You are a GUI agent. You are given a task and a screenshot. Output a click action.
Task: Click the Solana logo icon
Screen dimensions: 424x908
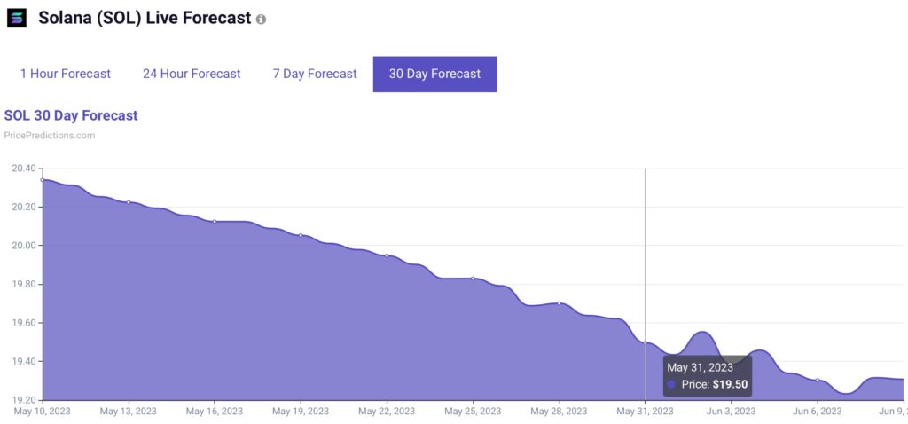pos(17,18)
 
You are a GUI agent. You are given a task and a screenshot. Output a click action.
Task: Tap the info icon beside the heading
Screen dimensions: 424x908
pos(261,19)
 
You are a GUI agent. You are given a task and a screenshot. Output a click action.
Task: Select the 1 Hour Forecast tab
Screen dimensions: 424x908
pos(66,74)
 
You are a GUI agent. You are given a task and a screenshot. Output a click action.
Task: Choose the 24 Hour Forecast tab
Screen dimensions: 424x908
pos(192,74)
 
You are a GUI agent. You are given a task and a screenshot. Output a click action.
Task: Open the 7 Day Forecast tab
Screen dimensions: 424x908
pos(315,74)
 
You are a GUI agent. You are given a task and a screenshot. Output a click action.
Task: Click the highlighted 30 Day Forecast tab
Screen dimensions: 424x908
pos(434,74)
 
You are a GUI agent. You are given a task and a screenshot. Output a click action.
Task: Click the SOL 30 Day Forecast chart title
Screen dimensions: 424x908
pos(71,115)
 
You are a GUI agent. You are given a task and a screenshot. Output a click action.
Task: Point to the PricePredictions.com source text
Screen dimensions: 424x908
pos(50,136)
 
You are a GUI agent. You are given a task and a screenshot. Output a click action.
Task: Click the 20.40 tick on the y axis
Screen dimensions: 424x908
pos(24,169)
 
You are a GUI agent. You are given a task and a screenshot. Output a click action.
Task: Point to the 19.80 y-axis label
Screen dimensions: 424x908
pos(24,284)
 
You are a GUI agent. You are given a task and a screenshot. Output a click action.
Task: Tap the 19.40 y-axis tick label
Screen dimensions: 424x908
pos(24,361)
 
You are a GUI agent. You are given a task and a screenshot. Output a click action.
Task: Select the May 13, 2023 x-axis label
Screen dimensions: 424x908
pos(129,411)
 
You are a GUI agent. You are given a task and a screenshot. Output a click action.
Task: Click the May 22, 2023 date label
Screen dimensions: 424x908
pos(387,411)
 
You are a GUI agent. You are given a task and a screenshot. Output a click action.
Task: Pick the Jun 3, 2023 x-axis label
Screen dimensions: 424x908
pos(731,411)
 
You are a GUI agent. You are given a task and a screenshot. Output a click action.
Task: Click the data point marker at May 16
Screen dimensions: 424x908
pos(215,221)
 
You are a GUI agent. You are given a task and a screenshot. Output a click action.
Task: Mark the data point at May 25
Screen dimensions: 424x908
pos(473,279)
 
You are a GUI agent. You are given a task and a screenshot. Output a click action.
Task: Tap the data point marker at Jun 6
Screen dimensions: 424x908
pos(818,380)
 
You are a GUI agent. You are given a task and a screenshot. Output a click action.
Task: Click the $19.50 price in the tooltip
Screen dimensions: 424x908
pos(730,384)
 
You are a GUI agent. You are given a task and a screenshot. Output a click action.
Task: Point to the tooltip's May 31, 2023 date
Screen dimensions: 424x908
pos(700,367)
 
